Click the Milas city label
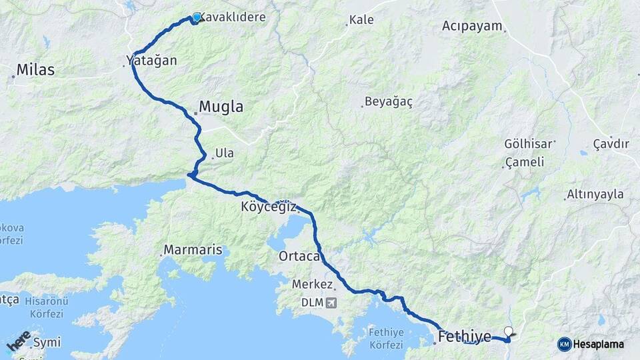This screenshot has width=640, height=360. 35,69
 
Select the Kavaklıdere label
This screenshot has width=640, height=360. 233,18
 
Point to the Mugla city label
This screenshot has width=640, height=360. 221,107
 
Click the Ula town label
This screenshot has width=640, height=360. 224,154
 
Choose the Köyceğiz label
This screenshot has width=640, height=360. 269,207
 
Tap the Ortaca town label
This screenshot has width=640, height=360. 300,256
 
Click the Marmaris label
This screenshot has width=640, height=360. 193,251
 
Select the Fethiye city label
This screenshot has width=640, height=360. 465,335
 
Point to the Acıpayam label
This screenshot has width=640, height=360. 473,26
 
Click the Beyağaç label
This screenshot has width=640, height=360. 391,102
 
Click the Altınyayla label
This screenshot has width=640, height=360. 595,194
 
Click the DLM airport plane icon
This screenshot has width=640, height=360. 331,303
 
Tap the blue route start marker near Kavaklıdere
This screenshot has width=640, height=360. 197,17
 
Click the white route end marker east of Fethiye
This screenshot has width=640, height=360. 509,331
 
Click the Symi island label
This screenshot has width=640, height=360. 47,342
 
